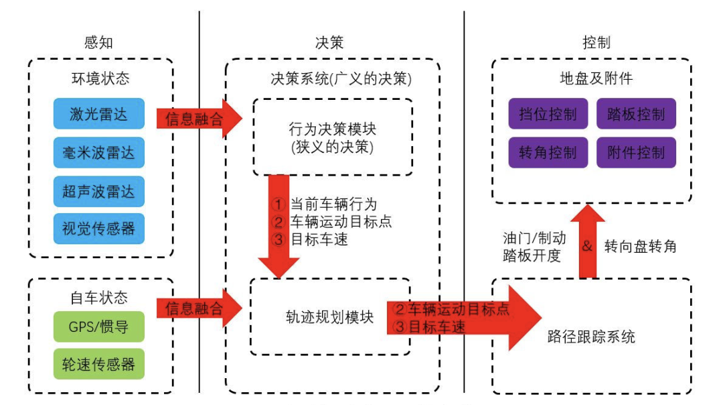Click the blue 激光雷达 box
pos(98,114)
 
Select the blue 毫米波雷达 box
pos(98,152)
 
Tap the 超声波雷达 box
pos(98,191)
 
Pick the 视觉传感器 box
pos(98,229)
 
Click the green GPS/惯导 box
pos(98,327)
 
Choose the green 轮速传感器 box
pos(98,364)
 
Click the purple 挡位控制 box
pos(548,114)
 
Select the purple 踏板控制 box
pos(636,114)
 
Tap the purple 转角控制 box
pos(548,152)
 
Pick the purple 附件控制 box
pos(636,152)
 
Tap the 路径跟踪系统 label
pos(591,337)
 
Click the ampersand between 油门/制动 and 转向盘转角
pos(587,246)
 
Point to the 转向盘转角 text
pos(640,246)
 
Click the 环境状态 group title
pos(100,78)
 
